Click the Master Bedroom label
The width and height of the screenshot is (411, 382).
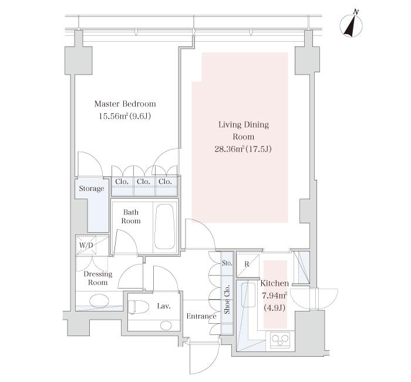coord(125,104)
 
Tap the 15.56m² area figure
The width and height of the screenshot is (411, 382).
coord(113,116)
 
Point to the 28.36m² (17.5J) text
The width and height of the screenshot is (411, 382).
coord(243,149)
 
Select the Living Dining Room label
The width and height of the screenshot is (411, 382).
coord(244,130)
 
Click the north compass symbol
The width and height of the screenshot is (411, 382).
coord(351,24)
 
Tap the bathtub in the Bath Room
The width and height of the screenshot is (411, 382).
coord(164,226)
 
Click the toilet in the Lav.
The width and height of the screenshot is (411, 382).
coord(138,307)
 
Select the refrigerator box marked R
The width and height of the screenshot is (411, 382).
coord(248,264)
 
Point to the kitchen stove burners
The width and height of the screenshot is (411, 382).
coord(280,340)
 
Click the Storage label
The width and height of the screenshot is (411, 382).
coord(92,189)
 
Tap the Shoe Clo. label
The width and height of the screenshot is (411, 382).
coord(227,299)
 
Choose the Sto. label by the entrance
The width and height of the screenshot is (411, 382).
coord(227,263)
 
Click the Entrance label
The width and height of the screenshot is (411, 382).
coord(201,316)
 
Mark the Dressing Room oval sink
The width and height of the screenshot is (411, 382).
coord(99,300)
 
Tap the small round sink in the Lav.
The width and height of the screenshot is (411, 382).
coord(166,326)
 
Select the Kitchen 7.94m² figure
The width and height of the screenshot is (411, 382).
coord(274,296)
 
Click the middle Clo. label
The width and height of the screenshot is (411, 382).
coord(143,182)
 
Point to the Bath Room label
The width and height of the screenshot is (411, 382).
coord(131,216)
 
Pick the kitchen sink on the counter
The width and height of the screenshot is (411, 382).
coord(248,295)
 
